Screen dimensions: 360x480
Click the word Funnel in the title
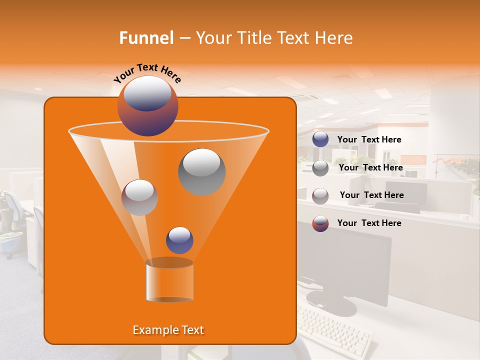[146, 38]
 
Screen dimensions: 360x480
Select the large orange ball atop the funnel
[147, 106]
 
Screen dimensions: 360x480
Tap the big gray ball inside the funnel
[201, 171]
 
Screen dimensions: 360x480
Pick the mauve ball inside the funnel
[139, 197]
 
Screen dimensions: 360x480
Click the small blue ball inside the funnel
[179, 240]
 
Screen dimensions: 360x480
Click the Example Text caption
[168, 330]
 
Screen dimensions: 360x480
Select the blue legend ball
[320, 139]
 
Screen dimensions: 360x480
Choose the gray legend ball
[320, 167]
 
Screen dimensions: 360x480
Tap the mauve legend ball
[320, 195]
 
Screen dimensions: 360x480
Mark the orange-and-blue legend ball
[320, 223]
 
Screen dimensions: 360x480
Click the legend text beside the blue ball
[369, 140]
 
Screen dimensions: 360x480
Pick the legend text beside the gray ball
[370, 168]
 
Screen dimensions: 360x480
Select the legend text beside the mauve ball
[371, 195]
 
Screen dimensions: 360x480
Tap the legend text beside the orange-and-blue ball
[369, 223]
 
